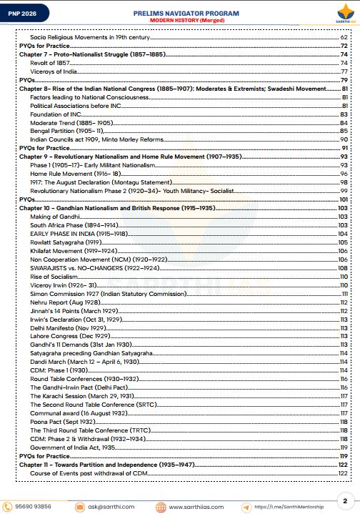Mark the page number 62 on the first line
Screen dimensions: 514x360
[x=344, y=36]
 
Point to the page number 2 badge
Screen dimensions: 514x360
[x=345, y=501]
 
